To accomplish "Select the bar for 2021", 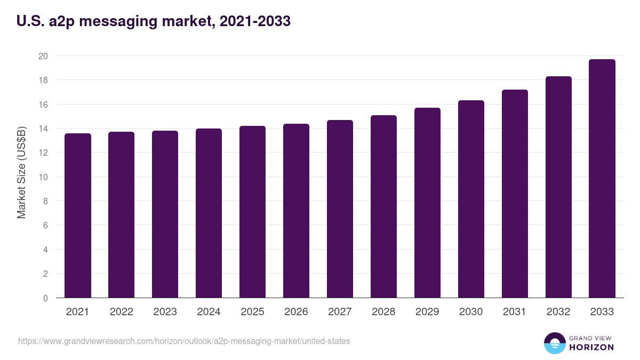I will [x=78, y=215].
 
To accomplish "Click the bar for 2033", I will [x=602, y=179].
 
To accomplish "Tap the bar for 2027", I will [x=340, y=209].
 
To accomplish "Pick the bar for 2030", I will [x=471, y=199].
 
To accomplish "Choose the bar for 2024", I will [x=209, y=213].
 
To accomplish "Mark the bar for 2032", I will [x=558, y=187].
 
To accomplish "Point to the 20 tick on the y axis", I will [x=43, y=56].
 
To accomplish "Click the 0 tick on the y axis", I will [x=45, y=298].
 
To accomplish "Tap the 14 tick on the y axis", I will [x=43, y=129].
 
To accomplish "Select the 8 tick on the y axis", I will [x=45, y=201].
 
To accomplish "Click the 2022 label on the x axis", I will [x=122, y=312].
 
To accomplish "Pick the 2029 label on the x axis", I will [x=428, y=312].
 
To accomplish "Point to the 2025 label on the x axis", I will [x=252, y=312].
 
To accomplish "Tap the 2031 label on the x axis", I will [x=515, y=312].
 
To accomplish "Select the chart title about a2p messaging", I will [x=154, y=21].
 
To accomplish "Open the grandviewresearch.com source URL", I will [x=184, y=341].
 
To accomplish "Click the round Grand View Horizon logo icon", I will [x=554, y=343].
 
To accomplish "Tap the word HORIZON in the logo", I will [x=591, y=347].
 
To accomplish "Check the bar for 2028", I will [x=383, y=206].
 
